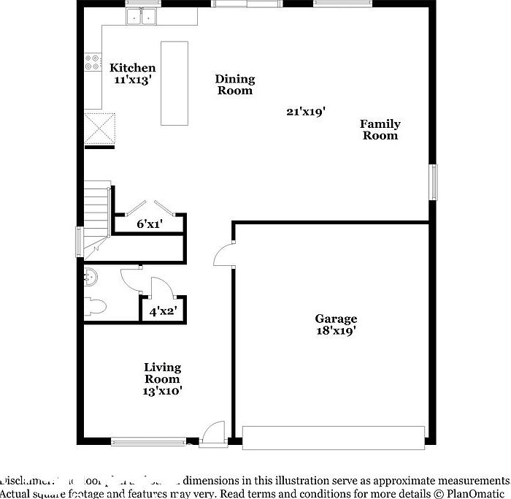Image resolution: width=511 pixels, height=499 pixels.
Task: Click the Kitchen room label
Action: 132,68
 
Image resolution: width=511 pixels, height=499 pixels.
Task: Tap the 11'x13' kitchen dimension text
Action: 132,80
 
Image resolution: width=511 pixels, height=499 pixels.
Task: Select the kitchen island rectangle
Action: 174,83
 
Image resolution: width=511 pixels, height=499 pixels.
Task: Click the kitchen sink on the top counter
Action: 143,15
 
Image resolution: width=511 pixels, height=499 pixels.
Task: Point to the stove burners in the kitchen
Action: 93,62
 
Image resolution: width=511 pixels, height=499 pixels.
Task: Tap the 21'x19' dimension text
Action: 305,111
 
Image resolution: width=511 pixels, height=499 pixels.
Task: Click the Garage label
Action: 336,319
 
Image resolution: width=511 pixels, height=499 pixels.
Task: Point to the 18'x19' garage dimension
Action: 336,330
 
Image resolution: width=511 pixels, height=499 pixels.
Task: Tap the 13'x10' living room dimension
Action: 162,391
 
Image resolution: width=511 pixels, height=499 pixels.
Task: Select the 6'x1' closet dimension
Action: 149,224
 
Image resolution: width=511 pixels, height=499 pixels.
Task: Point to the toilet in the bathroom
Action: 95,305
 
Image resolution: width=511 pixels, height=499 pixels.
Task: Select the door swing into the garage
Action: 223,256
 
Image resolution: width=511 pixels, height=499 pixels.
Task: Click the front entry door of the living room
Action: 213,433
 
